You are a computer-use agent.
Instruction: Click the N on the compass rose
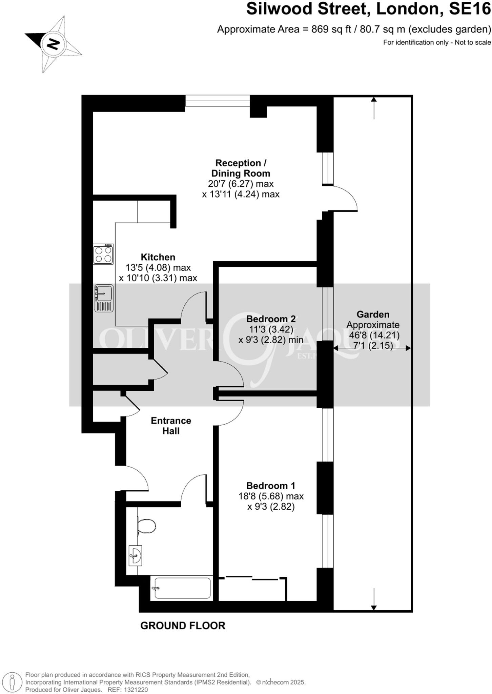click(53, 44)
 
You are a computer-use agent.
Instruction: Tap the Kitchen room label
click(158, 257)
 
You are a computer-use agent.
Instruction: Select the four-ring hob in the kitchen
click(103, 254)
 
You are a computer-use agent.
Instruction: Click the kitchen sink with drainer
click(104, 298)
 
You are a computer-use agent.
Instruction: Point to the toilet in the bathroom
click(146, 526)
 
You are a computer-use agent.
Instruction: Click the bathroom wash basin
click(136, 555)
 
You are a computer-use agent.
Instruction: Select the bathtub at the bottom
click(182, 588)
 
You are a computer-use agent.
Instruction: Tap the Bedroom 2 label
click(271, 319)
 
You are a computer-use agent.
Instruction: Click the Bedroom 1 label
click(271, 486)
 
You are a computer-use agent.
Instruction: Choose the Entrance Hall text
click(171, 426)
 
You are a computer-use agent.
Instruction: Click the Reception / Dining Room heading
click(240, 168)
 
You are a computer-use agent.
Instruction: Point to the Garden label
click(373, 314)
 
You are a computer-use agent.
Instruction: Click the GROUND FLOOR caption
click(183, 626)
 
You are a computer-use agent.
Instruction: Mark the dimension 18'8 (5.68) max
click(271, 496)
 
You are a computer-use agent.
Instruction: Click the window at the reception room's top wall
click(218, 101)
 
